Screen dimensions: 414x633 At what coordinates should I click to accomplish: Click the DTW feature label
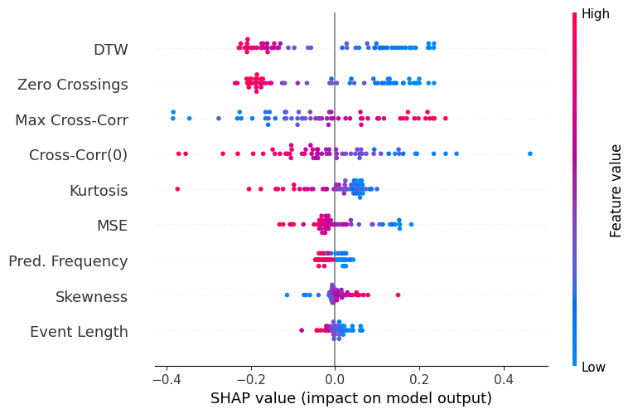[x=110, y=50]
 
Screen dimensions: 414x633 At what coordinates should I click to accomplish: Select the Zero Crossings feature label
[x=73, y=85]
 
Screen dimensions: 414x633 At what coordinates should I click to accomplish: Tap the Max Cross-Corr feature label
[x=71, y=120]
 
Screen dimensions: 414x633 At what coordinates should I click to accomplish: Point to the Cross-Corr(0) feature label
[x=78, y=155]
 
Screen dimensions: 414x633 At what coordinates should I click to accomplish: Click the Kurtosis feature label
[x=99, y=191]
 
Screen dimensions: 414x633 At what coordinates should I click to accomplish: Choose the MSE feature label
[x=113, y=226]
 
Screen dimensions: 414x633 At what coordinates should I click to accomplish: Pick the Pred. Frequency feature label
[x=68, y=261]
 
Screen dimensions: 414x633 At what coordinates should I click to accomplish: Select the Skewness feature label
[x=91, y=297]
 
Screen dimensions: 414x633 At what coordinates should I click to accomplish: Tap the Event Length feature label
[x=79, y=332]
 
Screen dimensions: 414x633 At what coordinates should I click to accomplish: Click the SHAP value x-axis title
[x=351, y=398]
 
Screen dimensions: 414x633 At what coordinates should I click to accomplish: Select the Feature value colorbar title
[x=616, y=190]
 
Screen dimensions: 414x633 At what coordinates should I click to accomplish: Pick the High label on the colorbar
[x=596, y=13]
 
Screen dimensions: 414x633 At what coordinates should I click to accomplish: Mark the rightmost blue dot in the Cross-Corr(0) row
[x=530, y=153]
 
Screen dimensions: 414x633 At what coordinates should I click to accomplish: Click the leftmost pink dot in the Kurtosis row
[x=177, y=189]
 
